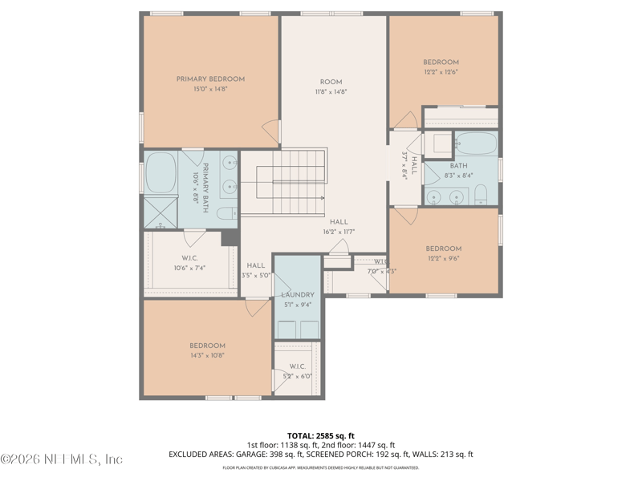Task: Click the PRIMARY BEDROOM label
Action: tap(210, 79)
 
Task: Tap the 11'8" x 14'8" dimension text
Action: tap(331, 92)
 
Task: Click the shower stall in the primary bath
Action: tap(160, 212)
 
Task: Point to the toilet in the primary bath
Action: tap(229, 212)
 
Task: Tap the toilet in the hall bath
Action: tap(480, 195)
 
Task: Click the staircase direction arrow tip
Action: tap(323, 197)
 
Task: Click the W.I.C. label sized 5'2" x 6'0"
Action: tap(297, 376)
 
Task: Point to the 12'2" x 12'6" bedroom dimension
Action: tap(441, 72)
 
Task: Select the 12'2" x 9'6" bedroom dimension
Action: tap(443, 259)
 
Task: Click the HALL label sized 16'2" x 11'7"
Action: tap(338, 222)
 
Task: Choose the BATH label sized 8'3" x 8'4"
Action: tap(458, 166)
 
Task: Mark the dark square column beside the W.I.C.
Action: tap(230, 238)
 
